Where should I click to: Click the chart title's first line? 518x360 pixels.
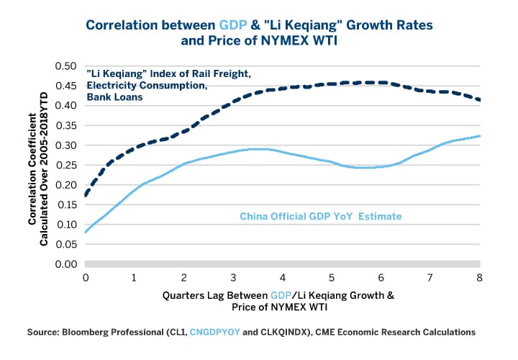point(259,24)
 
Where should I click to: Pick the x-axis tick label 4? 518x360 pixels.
point(283,277)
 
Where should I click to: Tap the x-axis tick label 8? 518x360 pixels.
point(479,277)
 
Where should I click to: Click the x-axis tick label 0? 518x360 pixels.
point(86,277)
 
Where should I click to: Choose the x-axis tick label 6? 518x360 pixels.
point(381,277)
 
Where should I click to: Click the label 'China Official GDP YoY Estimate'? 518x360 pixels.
point(320,215)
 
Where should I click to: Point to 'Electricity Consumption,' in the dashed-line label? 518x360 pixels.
point(135,86)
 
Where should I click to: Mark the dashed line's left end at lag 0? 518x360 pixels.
point(86,194)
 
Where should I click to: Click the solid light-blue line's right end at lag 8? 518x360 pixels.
point(479,136)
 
